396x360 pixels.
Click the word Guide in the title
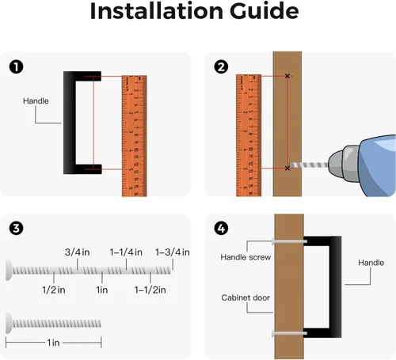pyautogui.click(x=264, y=11)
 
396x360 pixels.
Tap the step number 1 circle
pyautogui.click(x=17, y=67)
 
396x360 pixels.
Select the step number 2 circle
pyautogui.click(x=221, y=66)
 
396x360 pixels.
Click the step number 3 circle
pyautogui.click(x=17, y=228)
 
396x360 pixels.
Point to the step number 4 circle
pyautogui.click(x=221, y=228)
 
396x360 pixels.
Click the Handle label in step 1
pyautogui.click(x=36, y=100)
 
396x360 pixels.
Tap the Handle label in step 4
pyautogui.click(x=371, y=263)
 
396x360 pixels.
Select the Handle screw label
pyautogui.click(x=246, y=257)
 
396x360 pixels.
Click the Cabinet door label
pyautogui.click(x=246, y=297)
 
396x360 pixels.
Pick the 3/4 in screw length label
pyautogui.click(x=77, y=252)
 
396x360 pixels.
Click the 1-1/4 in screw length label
pyautogui.click(x=126, y=252)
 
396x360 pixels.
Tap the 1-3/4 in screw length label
pyautogui.click(x=172, y=252)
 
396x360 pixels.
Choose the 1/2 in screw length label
pyautogui.click(x=54, y=290)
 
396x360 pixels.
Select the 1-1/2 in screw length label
pyautogui.click(x=150, y=290)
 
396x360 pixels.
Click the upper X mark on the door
pyautogui.click(x=287, y=76)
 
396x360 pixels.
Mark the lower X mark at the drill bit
pyautogui.click(x=287, y=168)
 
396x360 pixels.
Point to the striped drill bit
pyautogui.click(x=309, y=165)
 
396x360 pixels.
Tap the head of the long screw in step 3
pyautogui.click(x=9, y=270)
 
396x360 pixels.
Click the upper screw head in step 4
pyautogui.click(x=273, y=241)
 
